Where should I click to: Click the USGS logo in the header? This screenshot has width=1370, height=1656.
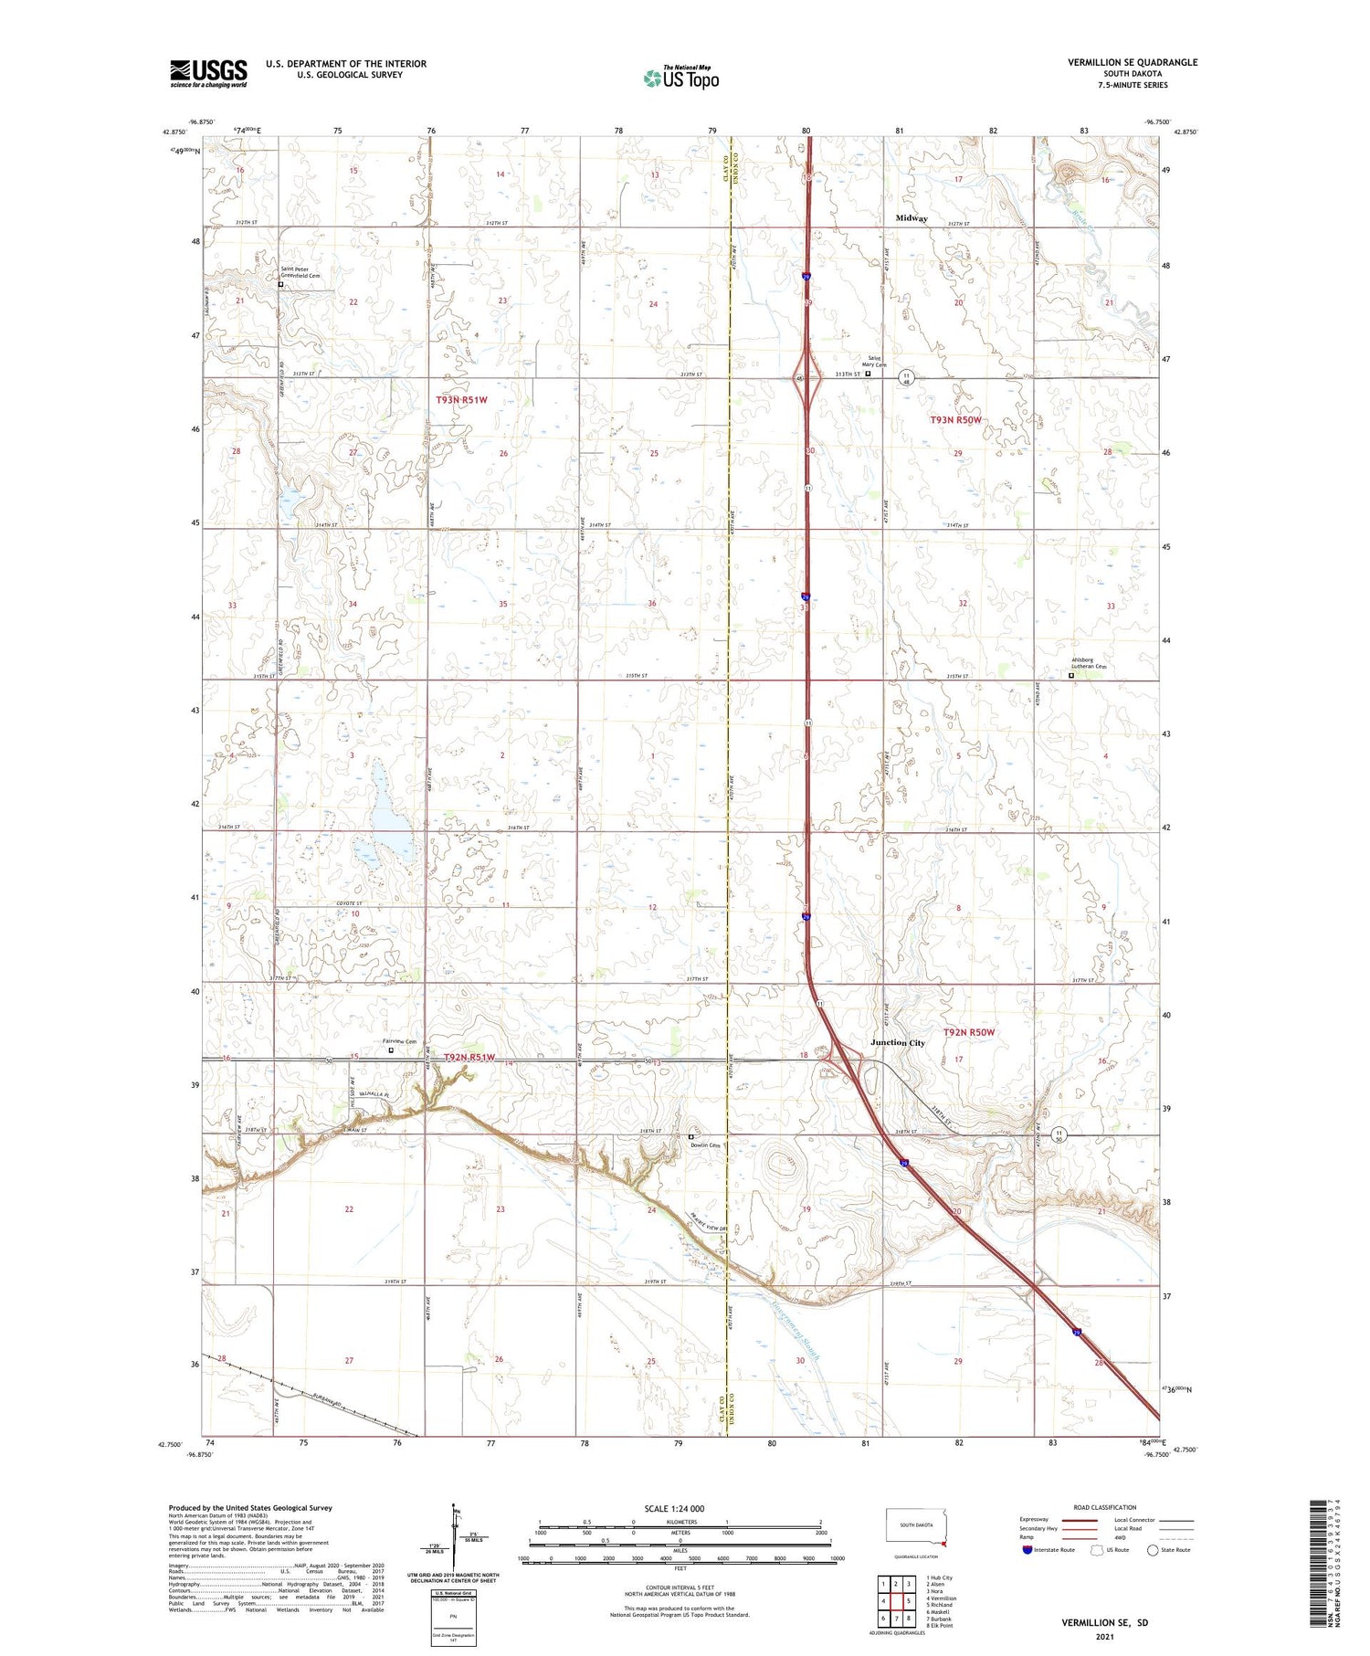pos(208,73)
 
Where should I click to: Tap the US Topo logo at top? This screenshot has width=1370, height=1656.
pos(680,78)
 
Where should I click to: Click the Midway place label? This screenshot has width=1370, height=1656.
pos(911,218)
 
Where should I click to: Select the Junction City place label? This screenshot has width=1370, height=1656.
pos(897,1042)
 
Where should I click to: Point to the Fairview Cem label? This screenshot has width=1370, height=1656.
pos(398,1042)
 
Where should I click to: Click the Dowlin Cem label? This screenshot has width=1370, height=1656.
pos(705,1145)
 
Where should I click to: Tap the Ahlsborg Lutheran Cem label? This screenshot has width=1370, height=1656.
pos(1088,667)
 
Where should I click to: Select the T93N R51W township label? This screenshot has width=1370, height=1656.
pos(461,400)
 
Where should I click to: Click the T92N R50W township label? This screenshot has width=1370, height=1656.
pos(969,1032)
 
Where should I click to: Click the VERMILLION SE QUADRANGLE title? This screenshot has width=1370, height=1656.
pos(1133,62)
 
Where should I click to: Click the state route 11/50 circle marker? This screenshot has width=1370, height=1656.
pos(1059,1135)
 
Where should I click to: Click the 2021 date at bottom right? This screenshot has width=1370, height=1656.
pos(1104,1635)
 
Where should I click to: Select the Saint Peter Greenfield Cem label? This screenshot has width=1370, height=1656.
pos(300,272)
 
